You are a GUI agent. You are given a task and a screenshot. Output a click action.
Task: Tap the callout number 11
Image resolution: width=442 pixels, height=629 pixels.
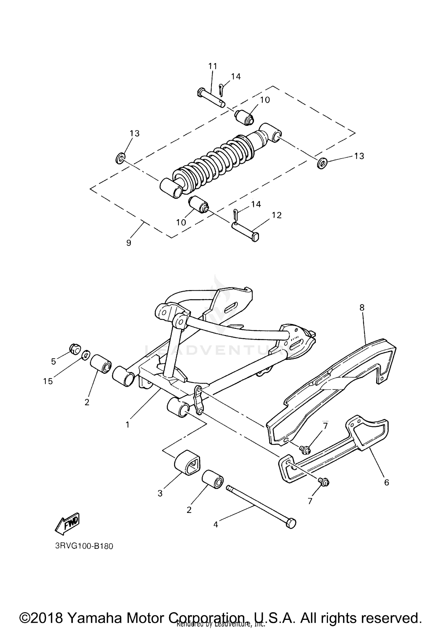tap(212, 66)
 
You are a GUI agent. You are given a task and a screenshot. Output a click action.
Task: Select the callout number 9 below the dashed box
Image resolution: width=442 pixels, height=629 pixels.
tap(128, 243)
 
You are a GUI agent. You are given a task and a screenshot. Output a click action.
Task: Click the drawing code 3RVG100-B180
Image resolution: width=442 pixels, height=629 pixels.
tap(84, 546)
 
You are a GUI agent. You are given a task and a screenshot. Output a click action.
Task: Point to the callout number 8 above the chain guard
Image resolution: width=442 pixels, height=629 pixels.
tap(362, 308)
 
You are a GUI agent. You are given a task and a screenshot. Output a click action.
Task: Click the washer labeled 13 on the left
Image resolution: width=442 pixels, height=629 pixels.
tap(120, 159)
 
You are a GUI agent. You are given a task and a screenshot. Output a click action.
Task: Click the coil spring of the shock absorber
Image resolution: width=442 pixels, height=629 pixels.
tap(212, 162)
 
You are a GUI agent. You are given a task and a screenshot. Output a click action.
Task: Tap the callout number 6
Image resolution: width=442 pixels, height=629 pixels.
tap(387, 482)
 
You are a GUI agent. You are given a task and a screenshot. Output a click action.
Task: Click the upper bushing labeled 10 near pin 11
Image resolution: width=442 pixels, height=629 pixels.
tap(245, 117)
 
